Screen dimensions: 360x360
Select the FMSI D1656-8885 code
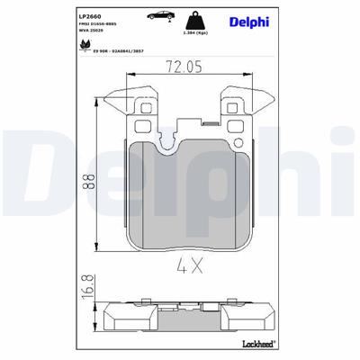pos(98,25)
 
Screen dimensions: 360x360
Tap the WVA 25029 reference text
pos(93,32)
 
